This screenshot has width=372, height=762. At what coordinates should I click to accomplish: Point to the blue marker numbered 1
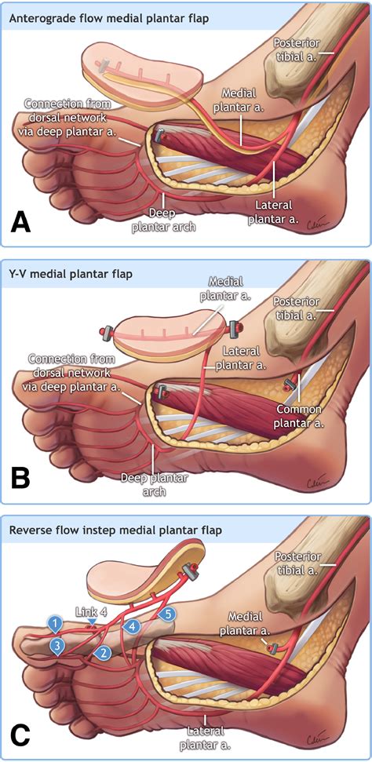55,624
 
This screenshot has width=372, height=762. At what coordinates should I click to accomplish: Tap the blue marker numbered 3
57,646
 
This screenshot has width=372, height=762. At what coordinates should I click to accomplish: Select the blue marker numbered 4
133,626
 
